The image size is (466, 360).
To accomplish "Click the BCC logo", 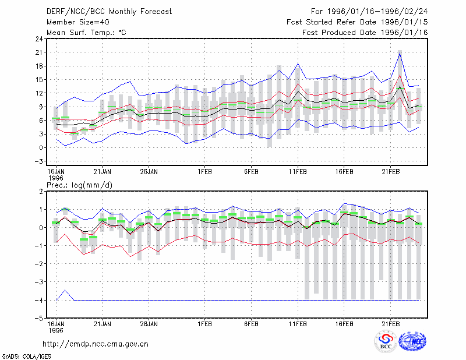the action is (x=386, y=341).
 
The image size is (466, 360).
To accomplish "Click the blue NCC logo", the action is (x=412, y=341).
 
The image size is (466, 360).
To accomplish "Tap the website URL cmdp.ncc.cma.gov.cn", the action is (x=96, y=344).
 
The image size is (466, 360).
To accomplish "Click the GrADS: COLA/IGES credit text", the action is (x=26, y=357).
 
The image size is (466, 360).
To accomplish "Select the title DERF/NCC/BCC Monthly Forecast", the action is (x=109, y=12).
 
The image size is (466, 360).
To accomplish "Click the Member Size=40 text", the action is (x=78, y=22).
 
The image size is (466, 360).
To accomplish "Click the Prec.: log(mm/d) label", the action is (x=79, y=185).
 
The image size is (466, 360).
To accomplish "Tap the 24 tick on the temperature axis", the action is (x=39, y=39).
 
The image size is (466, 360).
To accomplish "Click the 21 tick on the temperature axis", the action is (x=39, y=52).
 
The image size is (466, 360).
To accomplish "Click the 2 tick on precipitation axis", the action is (x=41, y=192).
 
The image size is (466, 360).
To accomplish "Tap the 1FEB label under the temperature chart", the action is (x=205, y=172).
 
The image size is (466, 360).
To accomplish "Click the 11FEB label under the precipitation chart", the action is (x=298, y=324).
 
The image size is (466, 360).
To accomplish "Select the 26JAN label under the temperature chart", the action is (x=149, y=172).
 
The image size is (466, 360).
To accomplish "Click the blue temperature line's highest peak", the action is (x=400, y=52).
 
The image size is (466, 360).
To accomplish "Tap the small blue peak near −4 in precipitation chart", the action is (x=65, y=290).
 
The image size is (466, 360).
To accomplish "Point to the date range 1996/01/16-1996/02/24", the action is (x=377, y=12).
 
